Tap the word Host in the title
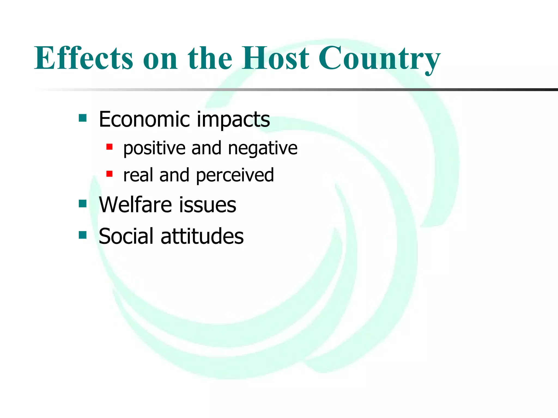[275, 58]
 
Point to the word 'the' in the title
[210, 58]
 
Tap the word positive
[154, 148]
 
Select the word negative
[263, 148]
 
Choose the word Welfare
[135, 205]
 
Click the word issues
[208, 205]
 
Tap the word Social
[126, 236]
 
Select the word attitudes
[202, 236]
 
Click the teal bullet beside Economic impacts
[83, 118]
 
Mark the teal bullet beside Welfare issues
[83, 204]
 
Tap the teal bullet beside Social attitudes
[83, 235]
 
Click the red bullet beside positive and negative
[110, 147]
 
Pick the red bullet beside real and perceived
[110, 174]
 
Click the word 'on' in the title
[160, 59]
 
